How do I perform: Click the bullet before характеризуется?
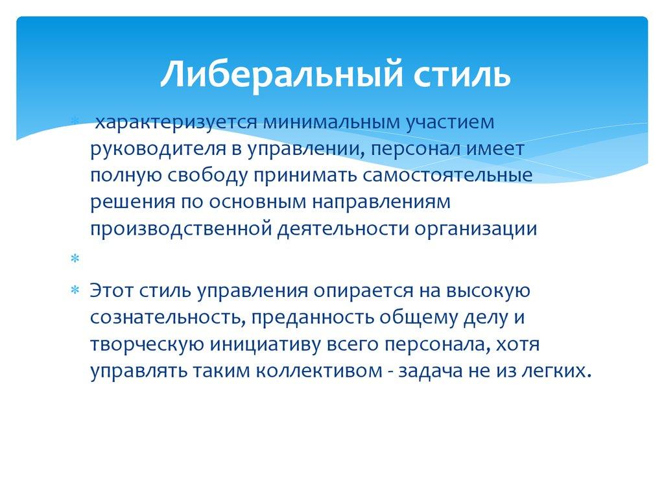75,121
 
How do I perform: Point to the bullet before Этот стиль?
75,290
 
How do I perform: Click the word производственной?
180,229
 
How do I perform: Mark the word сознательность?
165,317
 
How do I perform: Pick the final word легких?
558,370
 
